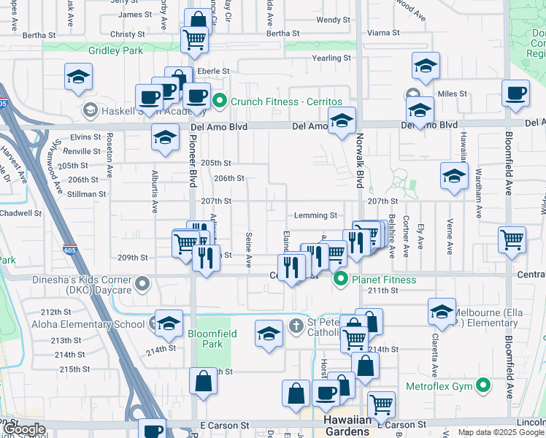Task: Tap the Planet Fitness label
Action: tap(384, 280)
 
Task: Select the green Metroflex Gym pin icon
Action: tap(482, 385)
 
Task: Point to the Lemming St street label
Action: tap(315, 215)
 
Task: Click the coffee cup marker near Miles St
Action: tap(516, 94)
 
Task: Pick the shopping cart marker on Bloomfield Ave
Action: tap(512, 239)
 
